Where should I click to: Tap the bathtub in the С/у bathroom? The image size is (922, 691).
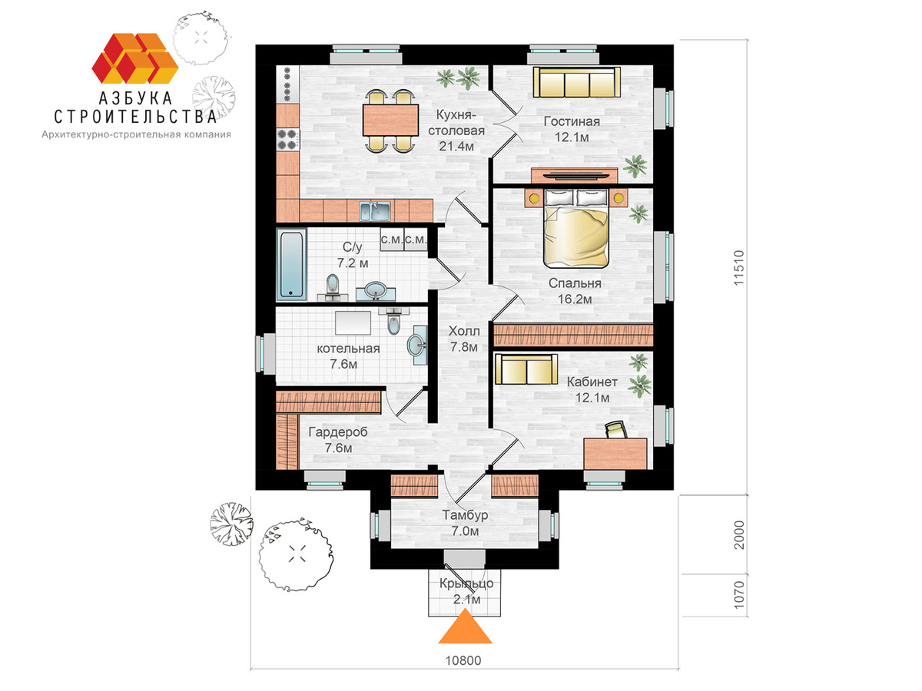291,265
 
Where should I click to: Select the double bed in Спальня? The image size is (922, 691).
576,228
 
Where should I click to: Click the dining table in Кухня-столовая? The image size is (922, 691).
390,120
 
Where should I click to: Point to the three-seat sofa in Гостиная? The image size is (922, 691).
577,83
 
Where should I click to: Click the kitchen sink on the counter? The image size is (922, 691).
375,211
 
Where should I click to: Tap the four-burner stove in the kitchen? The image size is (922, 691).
287,140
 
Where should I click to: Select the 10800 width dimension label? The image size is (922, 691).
463,661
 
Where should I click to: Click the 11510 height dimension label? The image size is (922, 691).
739,268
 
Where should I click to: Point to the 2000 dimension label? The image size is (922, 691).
739,535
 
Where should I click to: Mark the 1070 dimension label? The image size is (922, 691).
739,595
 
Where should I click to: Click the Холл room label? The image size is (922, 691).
464,331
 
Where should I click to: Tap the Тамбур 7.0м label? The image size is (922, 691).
465,523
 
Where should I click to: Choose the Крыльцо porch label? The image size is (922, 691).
466,584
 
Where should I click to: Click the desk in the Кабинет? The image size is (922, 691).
615,454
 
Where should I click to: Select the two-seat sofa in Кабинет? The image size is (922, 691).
526,369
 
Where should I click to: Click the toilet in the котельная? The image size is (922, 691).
393,320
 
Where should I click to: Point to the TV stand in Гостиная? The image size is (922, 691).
574,175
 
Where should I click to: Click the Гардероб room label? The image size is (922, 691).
338,431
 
